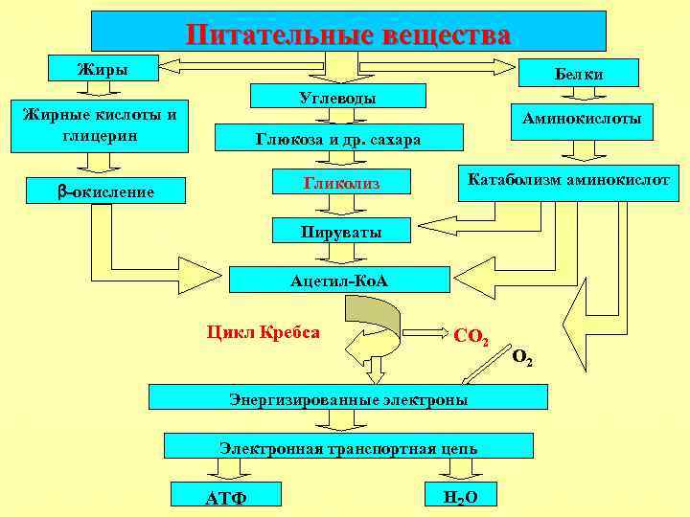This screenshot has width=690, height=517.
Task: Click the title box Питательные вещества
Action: click(x=349, y=32)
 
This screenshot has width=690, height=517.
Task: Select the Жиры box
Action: click(x=103, y=68)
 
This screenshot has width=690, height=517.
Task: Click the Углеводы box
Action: click(x=337, y=97)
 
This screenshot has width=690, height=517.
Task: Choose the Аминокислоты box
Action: click(x=582, y=121)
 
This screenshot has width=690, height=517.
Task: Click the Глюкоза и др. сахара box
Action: click(x=337, y=139)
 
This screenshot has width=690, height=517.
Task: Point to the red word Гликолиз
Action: click(x=342, y=181)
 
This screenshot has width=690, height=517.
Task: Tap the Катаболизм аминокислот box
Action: click(x=568, y=179)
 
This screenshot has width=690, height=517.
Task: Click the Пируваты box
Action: click(x=340, y=231)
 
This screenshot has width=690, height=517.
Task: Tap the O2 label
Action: click(x=523, y=358)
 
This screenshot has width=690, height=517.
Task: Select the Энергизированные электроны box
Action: click(x=348, y=398)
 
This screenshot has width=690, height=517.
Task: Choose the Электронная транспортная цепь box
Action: click(x=348, y=446)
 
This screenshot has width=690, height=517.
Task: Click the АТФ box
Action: click(x=226, y=495)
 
